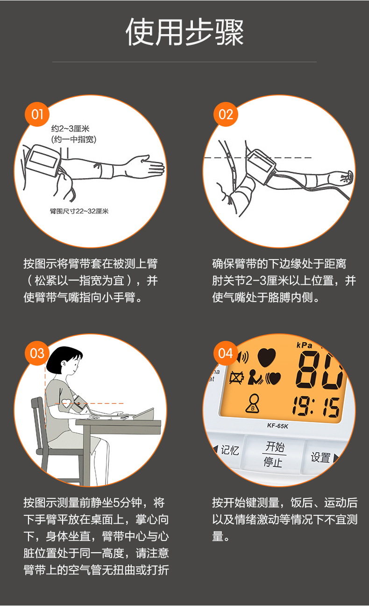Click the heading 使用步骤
tap(184, 32)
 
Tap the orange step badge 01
tap(37, 115)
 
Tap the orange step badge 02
tap(226, 115)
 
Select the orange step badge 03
tap(37, 353)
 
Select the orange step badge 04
tap(226, 353)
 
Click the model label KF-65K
tap(278, 426)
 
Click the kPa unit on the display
tap(305, 345)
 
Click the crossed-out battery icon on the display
tap(237, 377)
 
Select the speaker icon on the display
tap(242, 358)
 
